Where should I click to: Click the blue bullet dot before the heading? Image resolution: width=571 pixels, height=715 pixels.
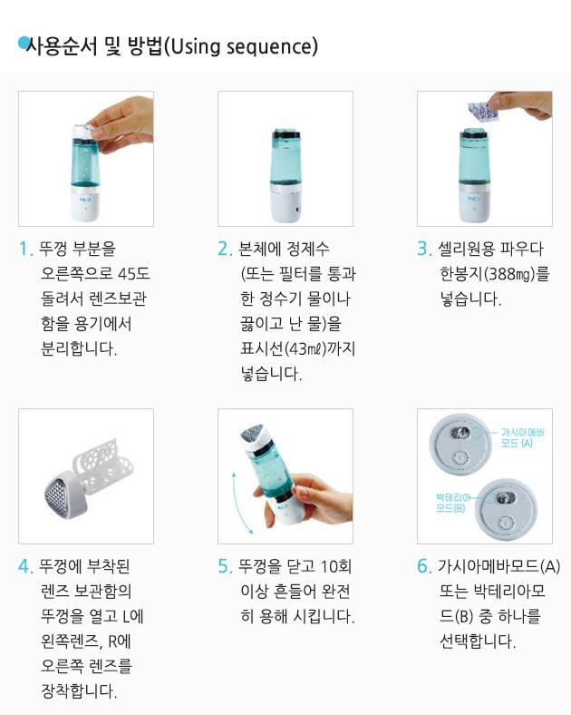tap(24, 43)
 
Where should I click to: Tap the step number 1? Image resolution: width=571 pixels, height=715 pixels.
tap(24, 249)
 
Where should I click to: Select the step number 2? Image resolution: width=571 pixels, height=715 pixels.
tap(225, 249)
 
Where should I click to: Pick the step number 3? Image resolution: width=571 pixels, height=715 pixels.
tap(424, 249)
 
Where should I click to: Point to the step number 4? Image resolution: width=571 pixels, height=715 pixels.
tap(25, 566)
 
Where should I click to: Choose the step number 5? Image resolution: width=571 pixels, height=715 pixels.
tap(225, 566)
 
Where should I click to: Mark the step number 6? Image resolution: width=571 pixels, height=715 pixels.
tap(424, 566)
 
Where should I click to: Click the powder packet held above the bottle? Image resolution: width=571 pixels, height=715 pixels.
tap(482, 112)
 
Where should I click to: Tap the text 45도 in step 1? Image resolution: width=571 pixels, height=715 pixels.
tap(134, 274)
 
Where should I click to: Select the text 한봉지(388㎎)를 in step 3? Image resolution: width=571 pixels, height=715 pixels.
tap(495, 274)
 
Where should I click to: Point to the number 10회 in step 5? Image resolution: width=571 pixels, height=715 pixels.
tap(336, 566)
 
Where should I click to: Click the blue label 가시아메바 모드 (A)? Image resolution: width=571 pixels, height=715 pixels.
tap(522, 437)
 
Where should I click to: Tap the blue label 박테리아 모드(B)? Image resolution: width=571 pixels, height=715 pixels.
tap(451, 503)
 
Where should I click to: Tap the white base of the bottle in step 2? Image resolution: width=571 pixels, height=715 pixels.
tap(285, 204)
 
